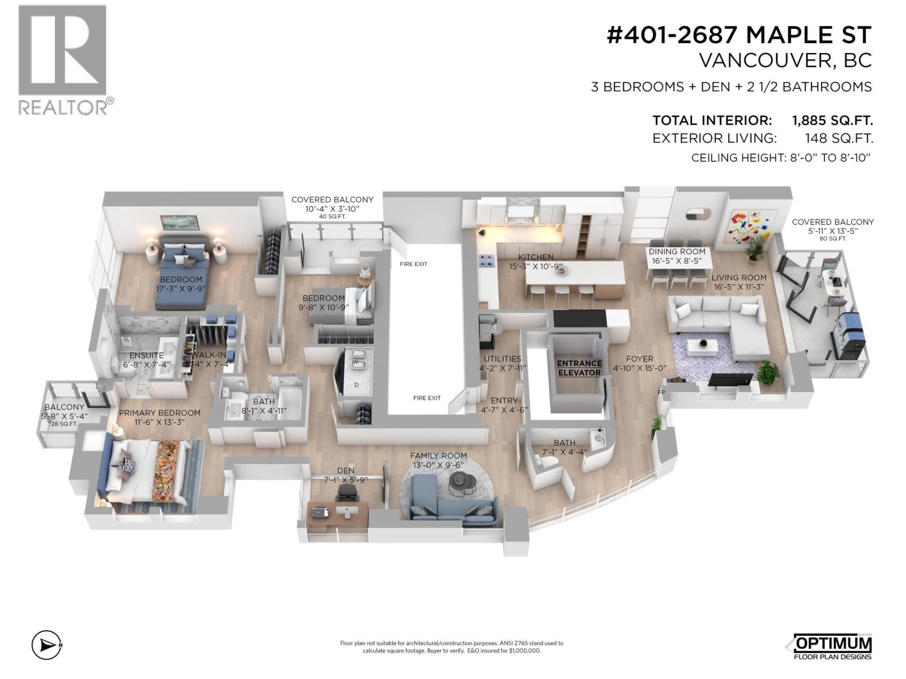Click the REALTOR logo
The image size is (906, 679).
pos(62,60)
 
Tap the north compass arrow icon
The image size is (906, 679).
pos(46,644)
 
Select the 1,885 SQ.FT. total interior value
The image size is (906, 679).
pos(832,121)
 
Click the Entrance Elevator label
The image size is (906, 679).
pos(579,368)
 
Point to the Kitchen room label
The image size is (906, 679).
pos(536,257)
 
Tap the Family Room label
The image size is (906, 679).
pos(438,455)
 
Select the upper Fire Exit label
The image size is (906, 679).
pos(413,264)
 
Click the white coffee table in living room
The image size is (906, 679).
pos(703,344)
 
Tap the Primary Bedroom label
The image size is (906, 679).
pos(160,413)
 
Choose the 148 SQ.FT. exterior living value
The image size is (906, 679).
pos(839,138)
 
